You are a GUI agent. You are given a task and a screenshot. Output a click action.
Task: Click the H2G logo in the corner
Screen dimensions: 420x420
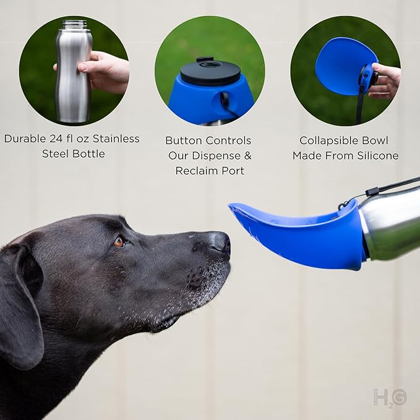click(x=390, y=396)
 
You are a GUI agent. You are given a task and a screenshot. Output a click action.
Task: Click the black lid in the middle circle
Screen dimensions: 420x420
click(x=210, y=72)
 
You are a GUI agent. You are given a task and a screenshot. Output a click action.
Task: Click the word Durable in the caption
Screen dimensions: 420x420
click(x=25, y=139)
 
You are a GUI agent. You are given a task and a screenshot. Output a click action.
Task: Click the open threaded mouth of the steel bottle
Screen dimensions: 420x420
click(x=74, y=25)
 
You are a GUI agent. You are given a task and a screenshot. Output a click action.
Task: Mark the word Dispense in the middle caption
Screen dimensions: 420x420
click(x=213, y=155)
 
